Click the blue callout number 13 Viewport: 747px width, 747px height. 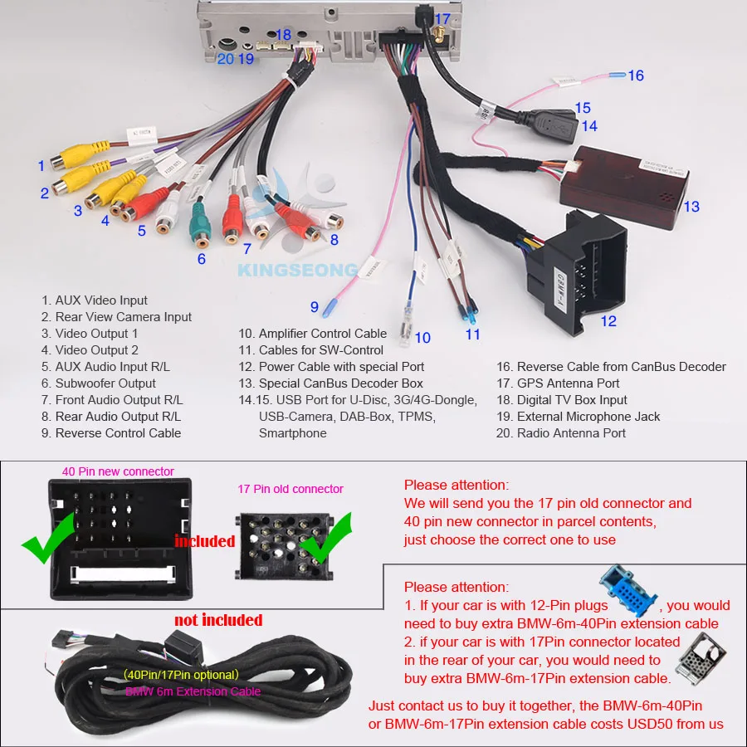click(691, 207)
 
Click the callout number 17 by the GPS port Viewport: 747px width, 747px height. click(442, 19)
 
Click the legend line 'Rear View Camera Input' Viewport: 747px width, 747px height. click(123, 317)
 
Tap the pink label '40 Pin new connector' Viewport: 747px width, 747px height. click(118, 471)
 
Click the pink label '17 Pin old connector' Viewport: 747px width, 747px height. click(290, 489)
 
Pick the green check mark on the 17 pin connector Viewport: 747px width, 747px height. click(328, 537)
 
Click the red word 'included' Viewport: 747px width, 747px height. click(204, 541)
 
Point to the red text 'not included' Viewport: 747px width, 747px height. click(217, 620)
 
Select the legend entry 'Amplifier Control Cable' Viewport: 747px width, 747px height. click(322, 334)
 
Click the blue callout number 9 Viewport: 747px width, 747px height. click(315, 307)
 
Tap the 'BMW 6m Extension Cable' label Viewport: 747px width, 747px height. click(193, 691)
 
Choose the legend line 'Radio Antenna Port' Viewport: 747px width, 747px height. click(571, 433)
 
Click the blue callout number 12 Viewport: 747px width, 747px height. click(609, 321)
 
